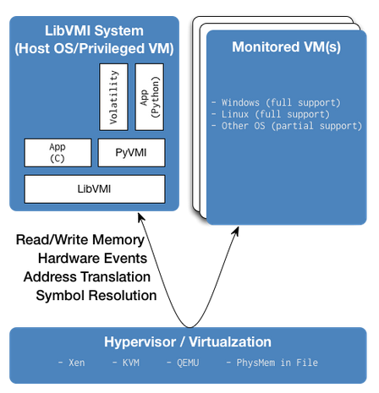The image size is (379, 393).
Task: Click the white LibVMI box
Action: pyautogui.click(x=95, y=189)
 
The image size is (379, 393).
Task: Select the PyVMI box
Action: pyautogui.click(x=131, y=153)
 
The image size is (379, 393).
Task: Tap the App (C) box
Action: pyautogui.click(x=58, y=153)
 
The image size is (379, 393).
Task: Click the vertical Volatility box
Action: pyautogui.click(x=113, y=97)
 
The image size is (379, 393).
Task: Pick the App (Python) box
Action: pyautogui.click(x=150, y=97)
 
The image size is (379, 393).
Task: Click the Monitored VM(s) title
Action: pyautogui.click(x=286, y=47)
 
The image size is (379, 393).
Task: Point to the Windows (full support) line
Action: pyautogui.click(x=276, y=102)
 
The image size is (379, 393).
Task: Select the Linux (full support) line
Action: pyautogui.click(x=271, y=114)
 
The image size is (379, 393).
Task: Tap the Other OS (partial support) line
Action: pyautogui.click(x=287, y=126)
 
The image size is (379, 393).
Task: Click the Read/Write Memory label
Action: pyautogui.click(x=80, y=240)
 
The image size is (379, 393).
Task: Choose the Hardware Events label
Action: pyautogui.click(x=92, y=259)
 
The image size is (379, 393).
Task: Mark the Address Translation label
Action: pyautogui.click(x=87, y=277)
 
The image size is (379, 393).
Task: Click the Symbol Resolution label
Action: pyautogui.click(x=96, y=296)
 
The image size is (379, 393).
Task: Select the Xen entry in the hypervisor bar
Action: pyautogui.click(x=71, y=363)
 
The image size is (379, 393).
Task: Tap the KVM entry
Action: pyautogui.click(x=126, y=363)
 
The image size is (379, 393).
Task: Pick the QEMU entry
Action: pyautogui.click(x=183, y=363)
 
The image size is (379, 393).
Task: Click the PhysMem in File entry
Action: pyautogui.click(x=272, y=363)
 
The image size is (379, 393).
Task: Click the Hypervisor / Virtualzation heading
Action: pyautogui.click(x=188, y=342)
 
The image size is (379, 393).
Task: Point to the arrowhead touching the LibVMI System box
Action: pyautogui.click(x=141, y=217)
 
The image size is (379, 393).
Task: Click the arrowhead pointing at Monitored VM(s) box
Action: pyautogui.click(x=236, y=232)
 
